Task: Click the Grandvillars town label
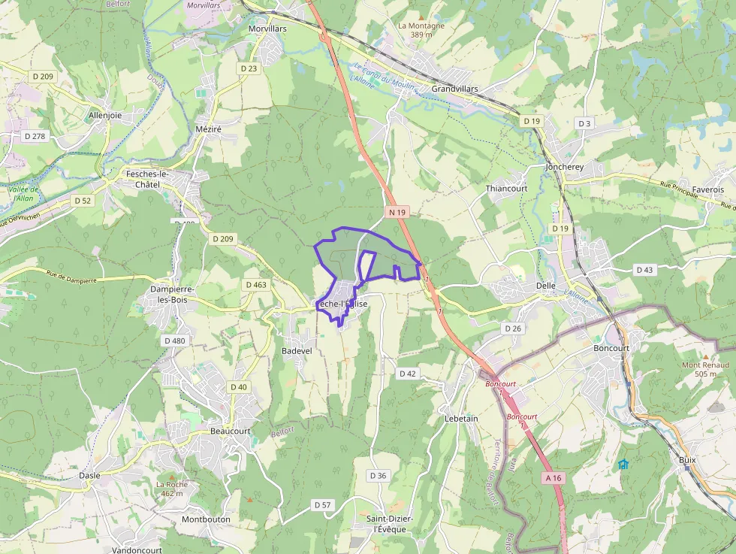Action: point(454,89)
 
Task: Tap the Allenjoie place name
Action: point(105,116)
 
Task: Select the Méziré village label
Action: point(208,129)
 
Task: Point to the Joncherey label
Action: point(565,166)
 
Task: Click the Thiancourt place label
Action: point(506,189)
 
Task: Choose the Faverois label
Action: point(708,189)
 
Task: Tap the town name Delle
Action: point(546,286)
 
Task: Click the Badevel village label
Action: point(296,351)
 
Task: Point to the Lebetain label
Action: point(461,418)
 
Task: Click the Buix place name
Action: point(687,460)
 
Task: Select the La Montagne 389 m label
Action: point(421,30)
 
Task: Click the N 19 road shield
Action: point(397,213)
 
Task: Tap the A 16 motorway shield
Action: point(553,478)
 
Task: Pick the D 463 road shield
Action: point(256,285)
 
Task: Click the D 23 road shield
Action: point(249,68)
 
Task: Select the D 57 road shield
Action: point(322,504)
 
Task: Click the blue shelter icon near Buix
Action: point(623,464)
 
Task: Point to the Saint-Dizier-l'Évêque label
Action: point(386,524)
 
